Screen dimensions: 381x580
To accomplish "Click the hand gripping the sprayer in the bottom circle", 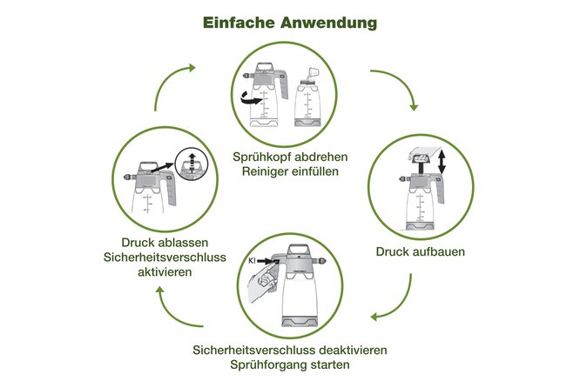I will tap(263, 286).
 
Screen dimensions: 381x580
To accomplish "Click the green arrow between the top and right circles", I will tap(398, 88).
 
